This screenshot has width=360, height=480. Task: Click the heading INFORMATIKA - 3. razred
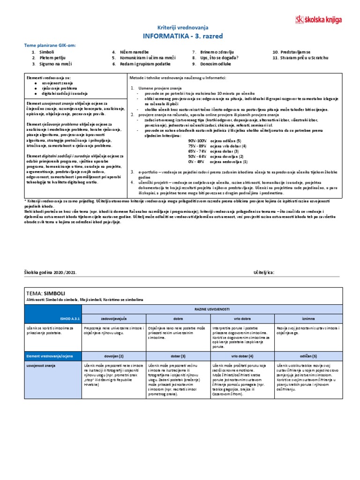[x=180, y=36]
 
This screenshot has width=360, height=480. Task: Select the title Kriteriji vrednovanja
[x=180, y=28]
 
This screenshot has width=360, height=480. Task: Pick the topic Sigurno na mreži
[x=55, y=64]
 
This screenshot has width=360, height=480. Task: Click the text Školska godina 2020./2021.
[x=51, y=272]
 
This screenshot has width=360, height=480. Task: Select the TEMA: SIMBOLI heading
[x=45, y=292]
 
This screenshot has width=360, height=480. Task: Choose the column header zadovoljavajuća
[x=114, y=318]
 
